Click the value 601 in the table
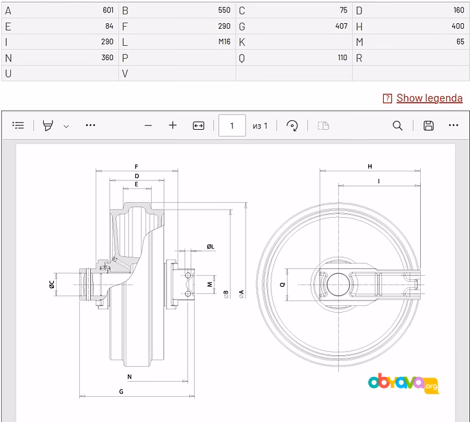click(108, 10)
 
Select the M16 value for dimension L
click(224, 42)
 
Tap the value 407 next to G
click(342, 26)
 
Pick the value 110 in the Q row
click(342, 57)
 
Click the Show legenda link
click(429, 98)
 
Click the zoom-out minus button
click(148, 126)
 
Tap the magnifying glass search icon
click(398, 126)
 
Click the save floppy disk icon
click(428, 126)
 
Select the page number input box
click(232, 126)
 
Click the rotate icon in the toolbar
click(292, 126)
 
